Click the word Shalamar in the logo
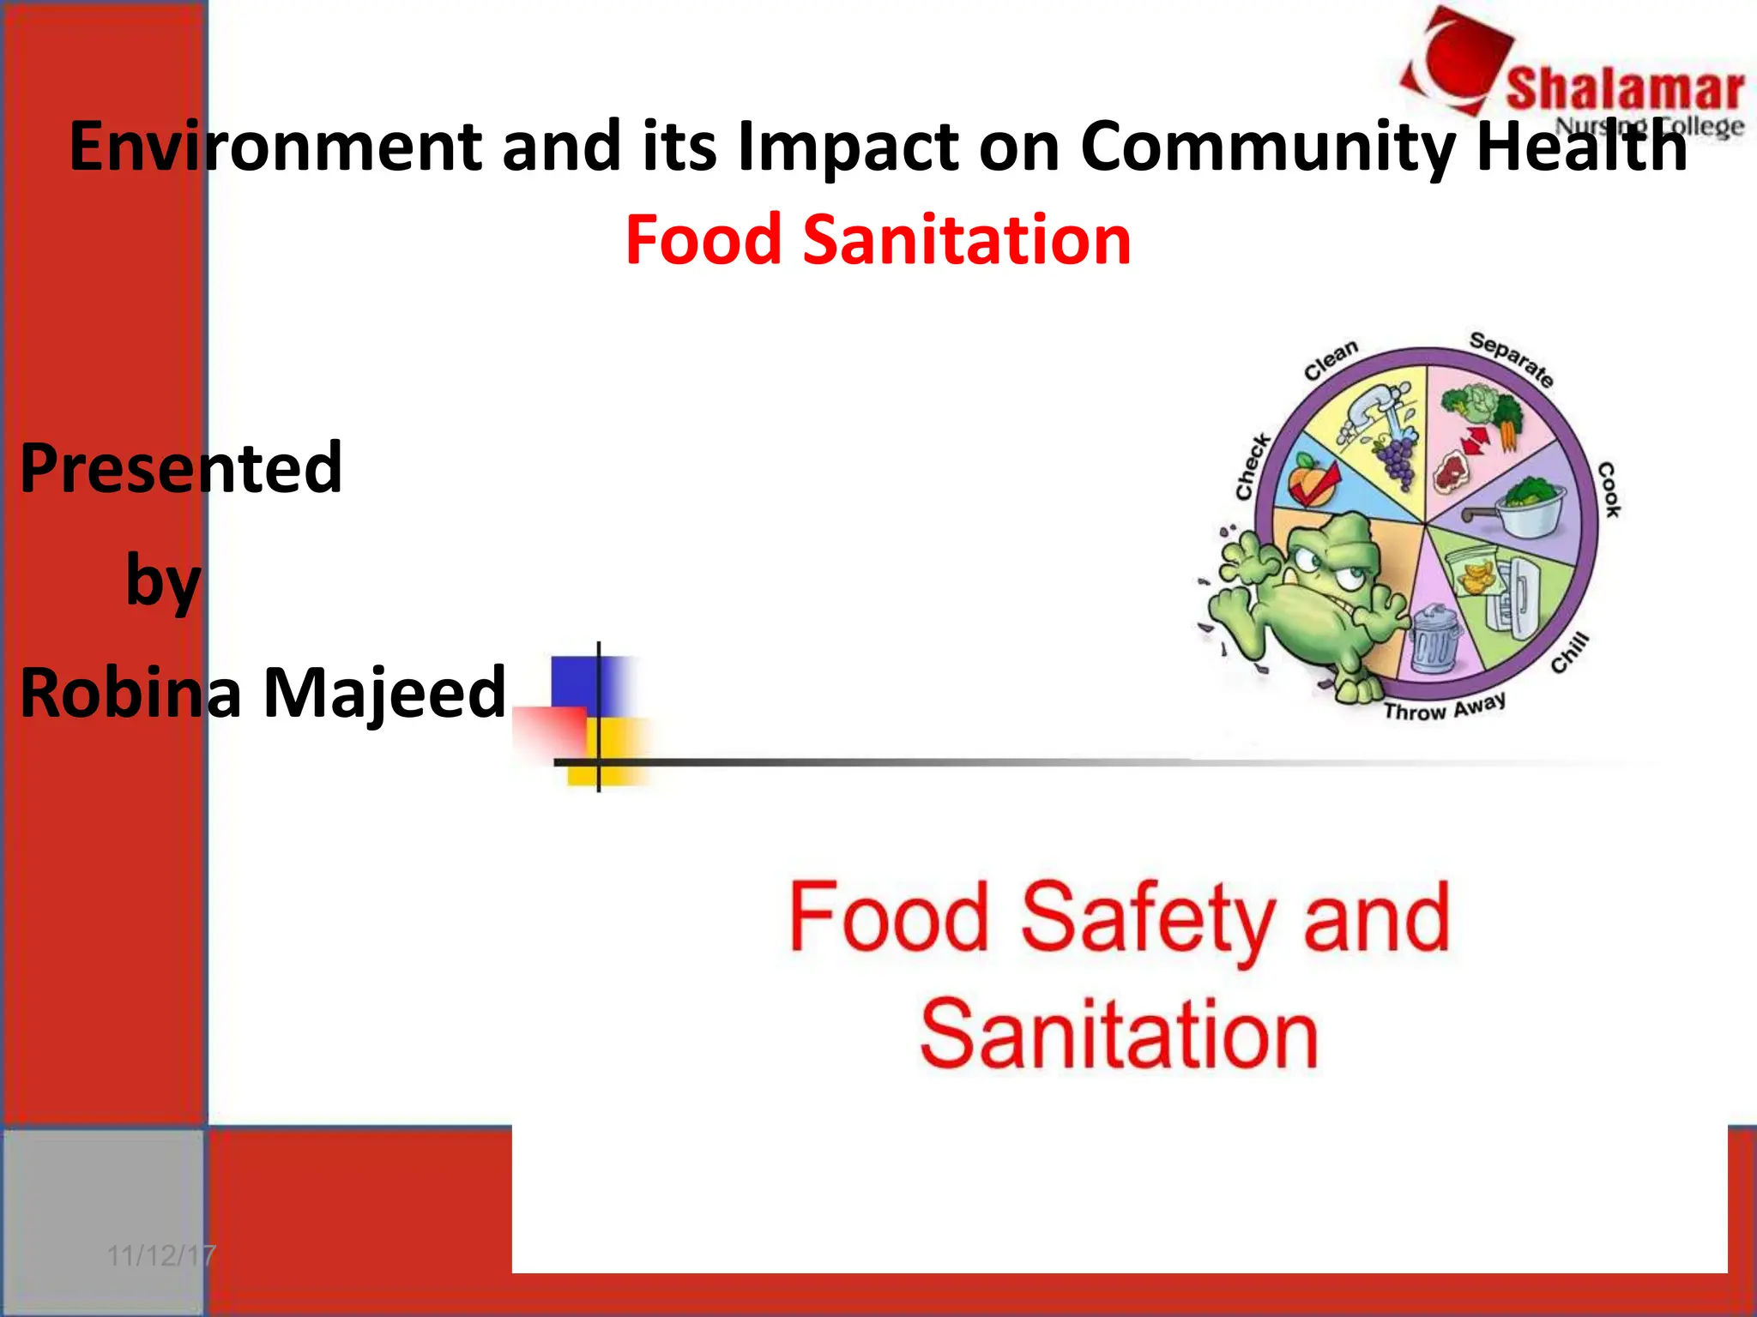point(1624,90)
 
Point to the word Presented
point(181,468)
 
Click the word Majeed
point(384,693)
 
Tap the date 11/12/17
point(160,1256)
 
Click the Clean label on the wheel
point(1331,360)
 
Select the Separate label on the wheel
point(1512,358)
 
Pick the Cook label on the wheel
point(1609,490)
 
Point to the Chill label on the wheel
point(1571,653)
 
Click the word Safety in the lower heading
point(1147,918)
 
